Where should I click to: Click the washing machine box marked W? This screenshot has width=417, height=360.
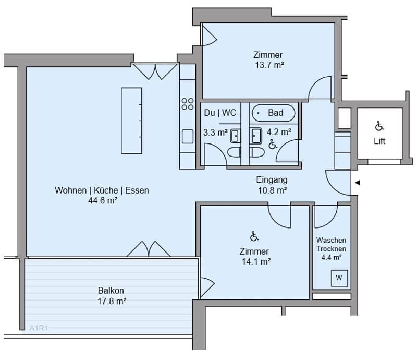pos(339,278)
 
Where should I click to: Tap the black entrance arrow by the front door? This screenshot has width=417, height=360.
pos(358,183)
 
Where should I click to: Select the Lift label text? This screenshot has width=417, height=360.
pos(379,141)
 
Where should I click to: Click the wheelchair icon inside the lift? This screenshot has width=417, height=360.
pos(379,126)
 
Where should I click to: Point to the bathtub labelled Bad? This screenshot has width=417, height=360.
pos(273,113)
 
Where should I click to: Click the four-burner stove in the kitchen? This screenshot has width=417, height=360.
pos(188,104)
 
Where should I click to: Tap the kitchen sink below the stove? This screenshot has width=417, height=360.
pos(188,136)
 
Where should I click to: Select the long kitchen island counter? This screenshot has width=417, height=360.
pos(131,121)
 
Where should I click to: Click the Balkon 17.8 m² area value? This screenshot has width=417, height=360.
pos(112,301)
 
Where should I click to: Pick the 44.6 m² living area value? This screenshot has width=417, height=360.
pos(103,200)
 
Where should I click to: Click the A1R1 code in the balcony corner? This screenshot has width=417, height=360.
pos(39,328)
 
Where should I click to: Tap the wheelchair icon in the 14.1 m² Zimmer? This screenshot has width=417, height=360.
pos(254,236)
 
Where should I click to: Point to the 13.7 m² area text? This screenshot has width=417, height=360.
pos(269,65)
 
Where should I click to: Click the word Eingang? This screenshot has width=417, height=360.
pos(272,179)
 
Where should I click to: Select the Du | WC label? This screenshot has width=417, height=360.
pos(220,113)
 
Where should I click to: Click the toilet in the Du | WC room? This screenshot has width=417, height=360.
pos(234,152)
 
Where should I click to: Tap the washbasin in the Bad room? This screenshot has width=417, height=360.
pos(255,136)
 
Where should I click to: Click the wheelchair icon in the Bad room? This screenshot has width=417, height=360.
pos(272,145)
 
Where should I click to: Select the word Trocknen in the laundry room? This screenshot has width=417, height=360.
pos(331,249)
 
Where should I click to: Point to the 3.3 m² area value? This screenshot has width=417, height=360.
pos(215,133)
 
